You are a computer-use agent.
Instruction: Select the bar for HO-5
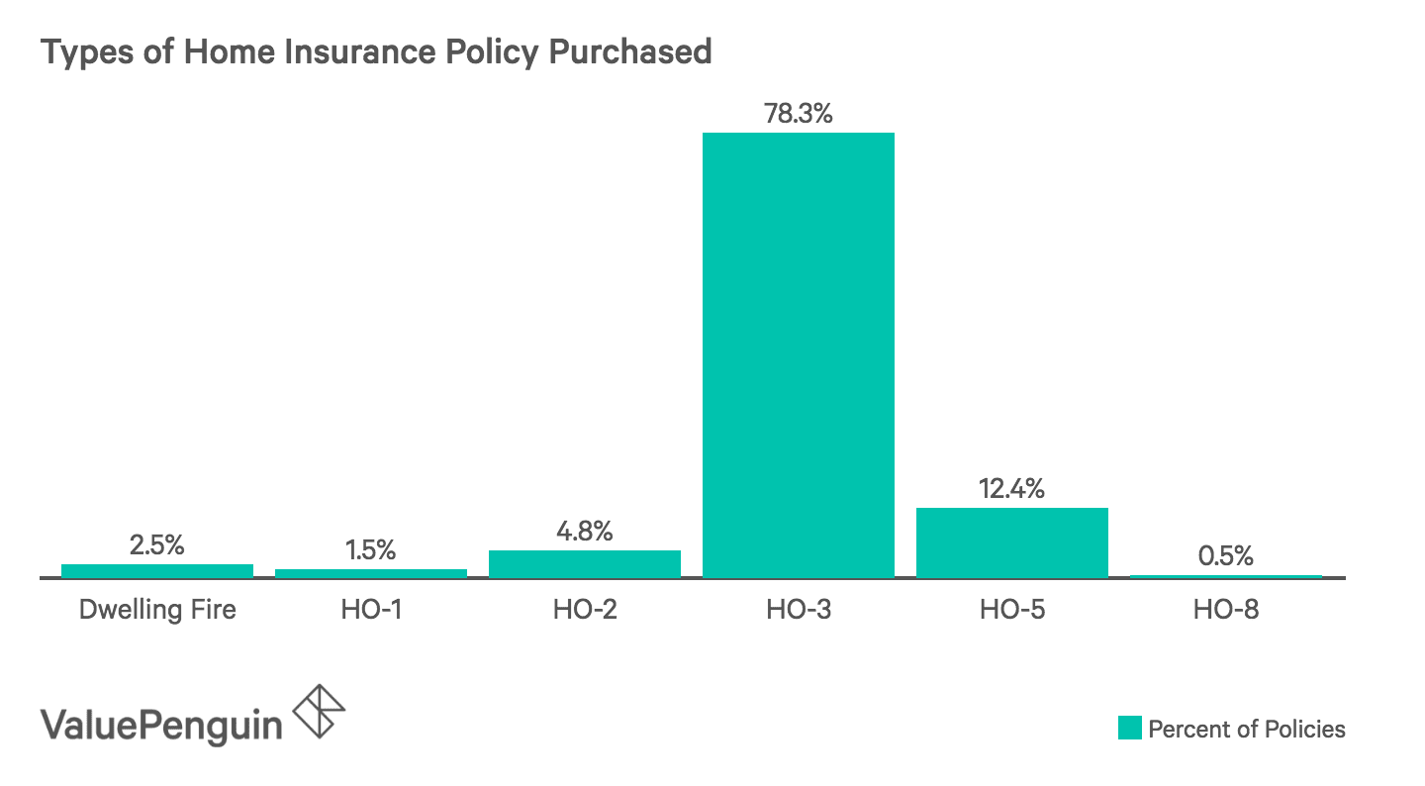tap(1011, 542)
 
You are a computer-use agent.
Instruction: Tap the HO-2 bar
tap(584, 563)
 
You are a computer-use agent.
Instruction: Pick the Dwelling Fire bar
tap(156, 570)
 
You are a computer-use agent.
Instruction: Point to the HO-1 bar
tap(370, 572)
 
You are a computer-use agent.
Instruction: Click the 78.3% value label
tap(798, 114)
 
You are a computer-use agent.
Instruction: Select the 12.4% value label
tap(1011, 489)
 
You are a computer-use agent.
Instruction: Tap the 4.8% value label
tap(584, 532)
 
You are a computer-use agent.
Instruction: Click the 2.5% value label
tap(156, 545)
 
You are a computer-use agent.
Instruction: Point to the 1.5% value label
tap(370, 550)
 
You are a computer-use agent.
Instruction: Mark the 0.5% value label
tap(1225, 556)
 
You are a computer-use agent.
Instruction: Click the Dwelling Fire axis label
tap(157, 609)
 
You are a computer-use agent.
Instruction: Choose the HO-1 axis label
tap(370, 609)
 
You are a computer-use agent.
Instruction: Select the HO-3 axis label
tap(798, 609)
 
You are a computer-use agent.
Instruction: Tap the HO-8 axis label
tap(1225, 609)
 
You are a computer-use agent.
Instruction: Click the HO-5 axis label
tap(1011, 609)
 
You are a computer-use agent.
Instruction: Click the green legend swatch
tap(1129, 729)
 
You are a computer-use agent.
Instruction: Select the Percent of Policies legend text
tap(1247, 730)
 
